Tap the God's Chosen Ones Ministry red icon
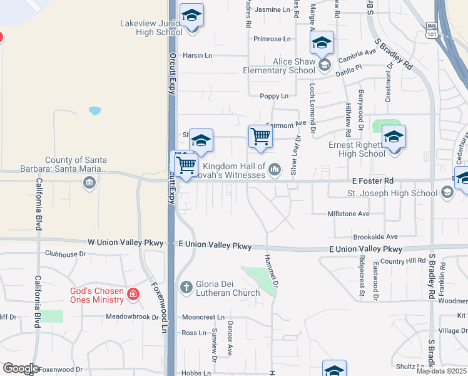point(133,294)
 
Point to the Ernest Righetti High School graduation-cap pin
point(394,137)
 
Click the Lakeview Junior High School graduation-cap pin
point(192,16)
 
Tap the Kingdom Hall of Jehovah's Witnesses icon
point(275,169)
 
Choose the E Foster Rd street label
point(372,180)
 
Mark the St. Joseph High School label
point(392,193)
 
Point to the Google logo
point(21,368)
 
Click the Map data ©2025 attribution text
point(441,371)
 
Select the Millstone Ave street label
point(348,214)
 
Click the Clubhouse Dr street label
point(65,254)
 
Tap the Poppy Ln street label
point(274,96)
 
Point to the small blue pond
point(95,111)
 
